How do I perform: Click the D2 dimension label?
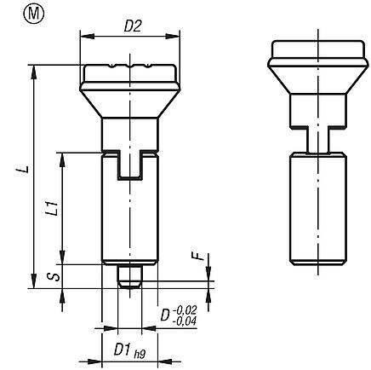coord(133,26)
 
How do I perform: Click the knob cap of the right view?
coord(312,64)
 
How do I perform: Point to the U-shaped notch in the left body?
coord(129,165)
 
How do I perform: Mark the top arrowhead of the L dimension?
coord(34,71)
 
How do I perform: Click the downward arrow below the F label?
coord(205,272)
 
